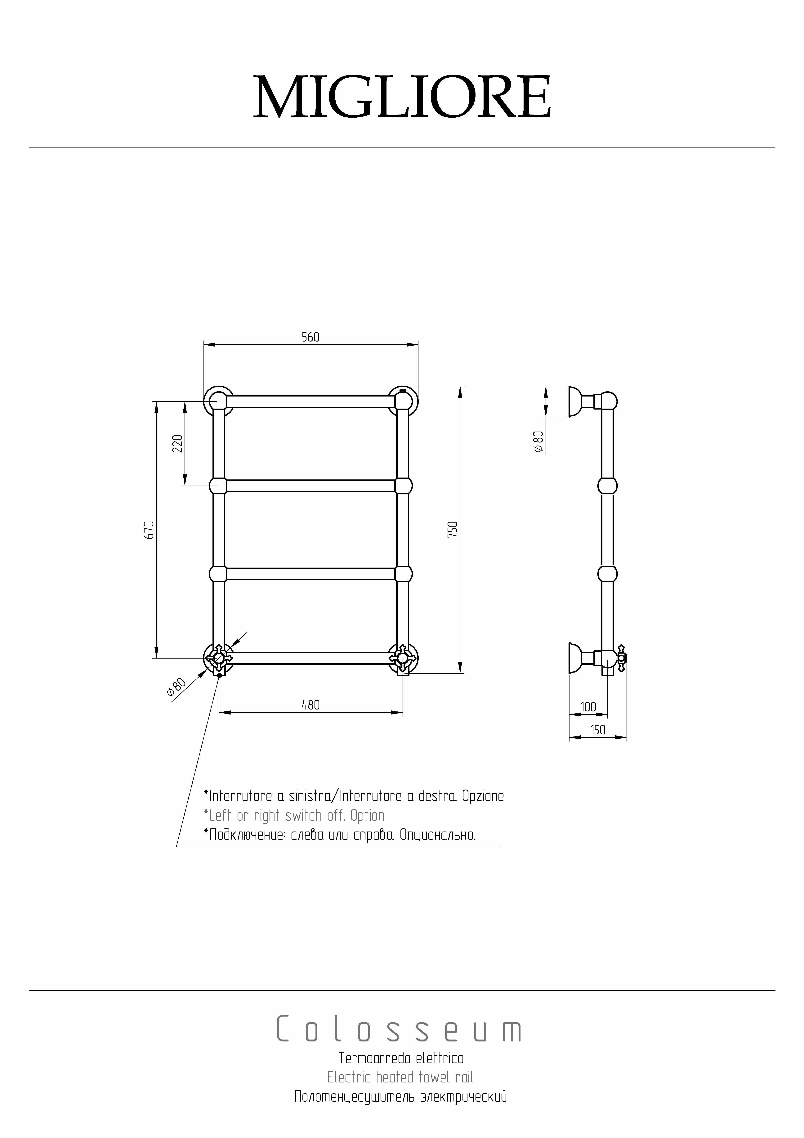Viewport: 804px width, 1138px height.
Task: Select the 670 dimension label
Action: (150, 530)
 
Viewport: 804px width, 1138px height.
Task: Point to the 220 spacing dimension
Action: (178, 444)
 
